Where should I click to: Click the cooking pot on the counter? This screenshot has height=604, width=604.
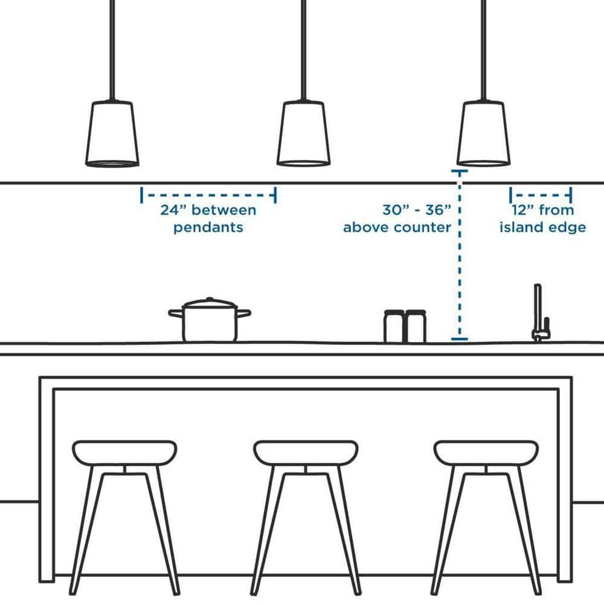click(209, 324)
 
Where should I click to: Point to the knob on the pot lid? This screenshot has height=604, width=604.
click(209, 299)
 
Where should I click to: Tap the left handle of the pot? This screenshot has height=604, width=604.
click(175, 313)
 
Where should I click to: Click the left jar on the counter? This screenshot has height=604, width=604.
click(393, 326)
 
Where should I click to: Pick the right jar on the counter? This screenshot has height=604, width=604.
click(416, 326)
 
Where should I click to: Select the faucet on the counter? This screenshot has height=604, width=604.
click(539, 314)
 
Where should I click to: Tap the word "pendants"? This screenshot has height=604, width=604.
click(208, 228)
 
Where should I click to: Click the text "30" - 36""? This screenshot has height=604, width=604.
click(417, 210)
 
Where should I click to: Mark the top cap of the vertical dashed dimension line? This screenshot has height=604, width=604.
click(460, 172)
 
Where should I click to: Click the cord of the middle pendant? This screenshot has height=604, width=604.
click(303, 48)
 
